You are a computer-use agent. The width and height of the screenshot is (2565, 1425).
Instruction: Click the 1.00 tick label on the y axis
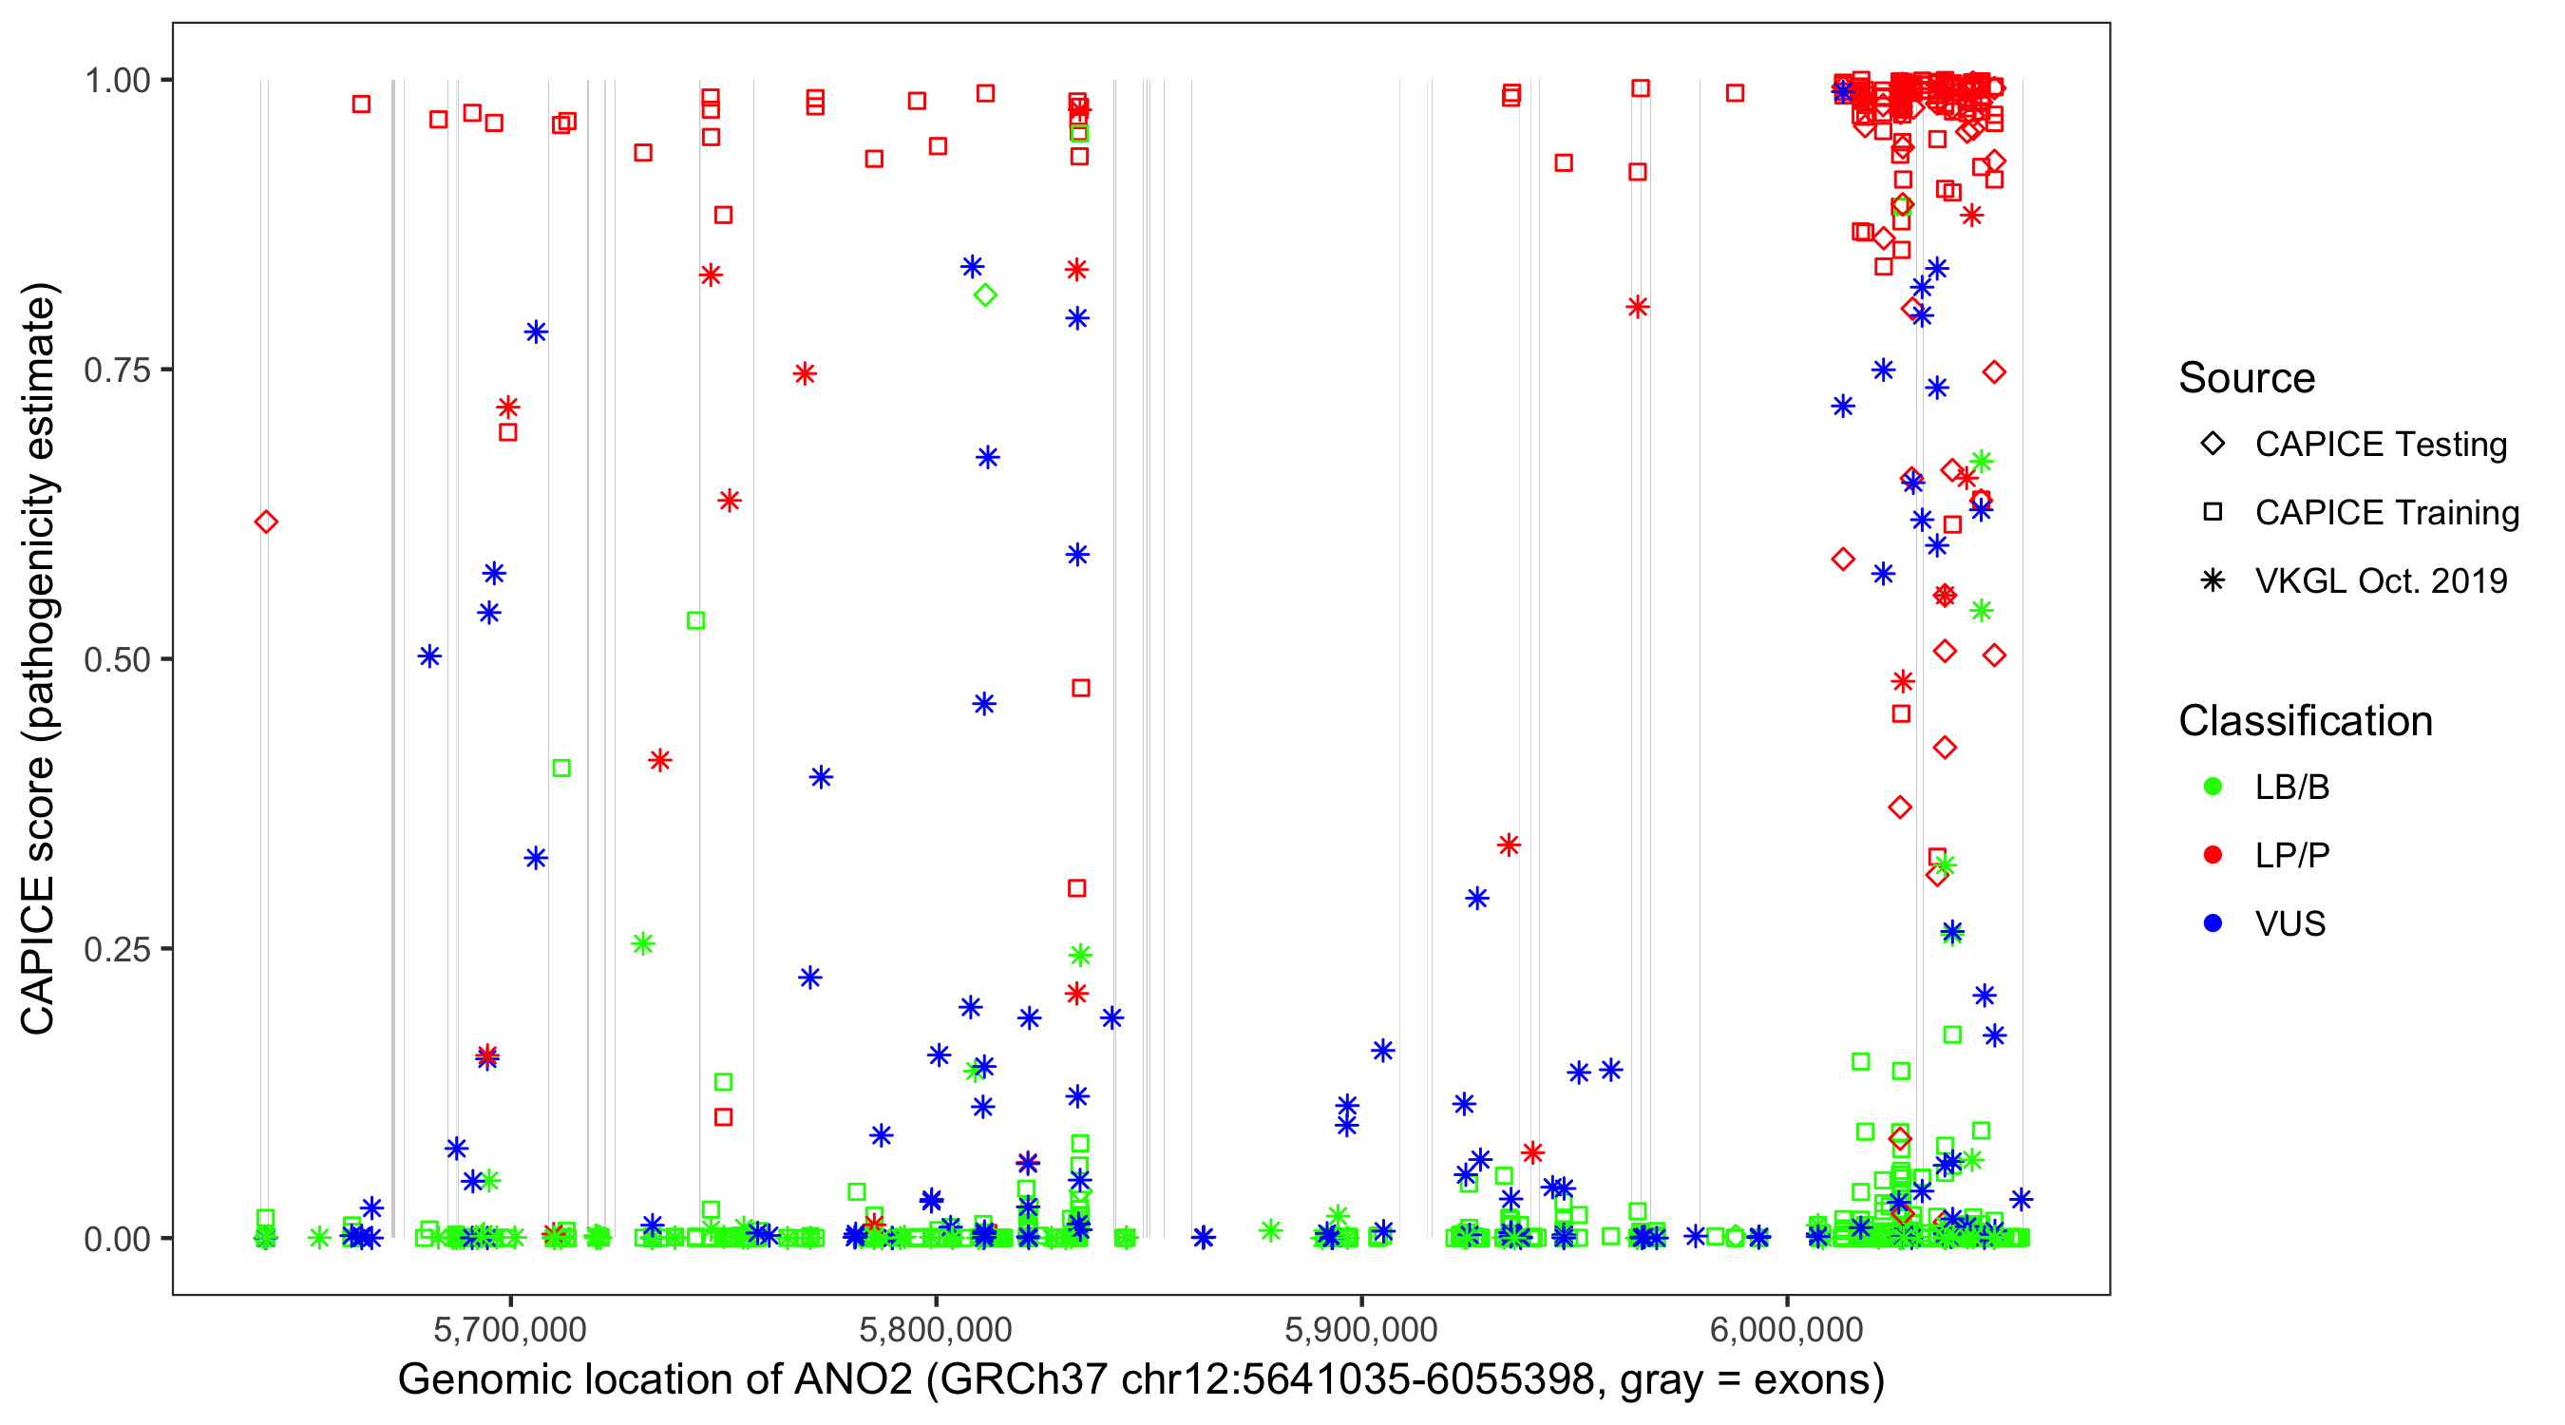(x=117, y=80)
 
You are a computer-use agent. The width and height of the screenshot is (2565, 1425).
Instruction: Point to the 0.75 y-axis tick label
(x=117, y=370)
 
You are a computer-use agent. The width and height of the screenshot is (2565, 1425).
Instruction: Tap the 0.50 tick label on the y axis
(x=117, y=659)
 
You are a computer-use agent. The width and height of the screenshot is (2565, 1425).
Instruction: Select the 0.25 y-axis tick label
(x=117, y=949)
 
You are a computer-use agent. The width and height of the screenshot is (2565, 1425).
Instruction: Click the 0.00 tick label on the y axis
(x=117, y=1239)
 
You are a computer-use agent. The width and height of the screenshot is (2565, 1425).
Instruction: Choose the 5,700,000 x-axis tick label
(x=510, y=1329)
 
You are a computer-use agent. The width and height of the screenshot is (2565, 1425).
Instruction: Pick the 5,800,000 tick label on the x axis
(x=936, y=1329)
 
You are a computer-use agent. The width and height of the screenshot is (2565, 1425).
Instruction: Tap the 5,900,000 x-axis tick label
(x=1361, y=1329)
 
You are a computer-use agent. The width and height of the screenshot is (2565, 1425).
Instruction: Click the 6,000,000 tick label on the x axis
(x=1787, y=1329)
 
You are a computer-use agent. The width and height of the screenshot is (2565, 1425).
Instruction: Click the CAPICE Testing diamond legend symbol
(x=2213, y=445)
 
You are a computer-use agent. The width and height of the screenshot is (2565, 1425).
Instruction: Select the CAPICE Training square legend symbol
(x=2213, y=512)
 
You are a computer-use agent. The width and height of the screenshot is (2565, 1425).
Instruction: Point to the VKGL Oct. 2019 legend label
(x=2381, y=580)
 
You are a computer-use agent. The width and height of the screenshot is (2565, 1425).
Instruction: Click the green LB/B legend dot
(x=2213, y=787)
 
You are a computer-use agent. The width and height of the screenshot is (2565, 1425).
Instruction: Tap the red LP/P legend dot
(x=2213, y=855)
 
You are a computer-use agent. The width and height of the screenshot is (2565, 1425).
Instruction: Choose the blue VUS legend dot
(x=2213, y=923)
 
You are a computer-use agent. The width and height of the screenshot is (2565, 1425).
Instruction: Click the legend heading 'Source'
(x=2247, y=378)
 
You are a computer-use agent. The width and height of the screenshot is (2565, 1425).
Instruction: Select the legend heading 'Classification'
(x=2305, y=721)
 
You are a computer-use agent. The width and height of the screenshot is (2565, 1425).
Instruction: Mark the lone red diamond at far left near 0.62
(x=266, y=522)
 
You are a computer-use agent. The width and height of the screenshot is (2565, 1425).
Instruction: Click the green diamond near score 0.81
(x=985, y=294)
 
